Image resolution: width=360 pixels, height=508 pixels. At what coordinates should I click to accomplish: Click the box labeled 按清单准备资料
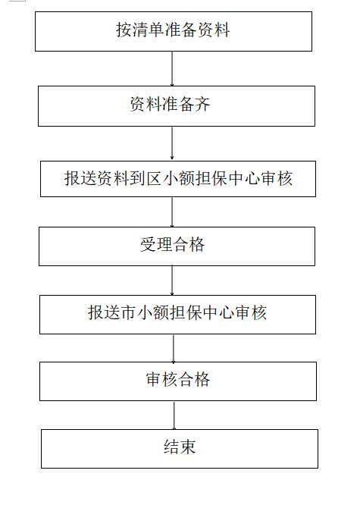(174, 31)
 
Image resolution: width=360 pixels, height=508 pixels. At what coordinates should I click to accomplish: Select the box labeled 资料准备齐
(177, 106)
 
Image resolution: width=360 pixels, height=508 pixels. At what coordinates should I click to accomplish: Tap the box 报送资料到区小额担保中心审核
(178, 179)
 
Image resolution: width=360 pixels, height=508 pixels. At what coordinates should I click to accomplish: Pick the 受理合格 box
(177, 246)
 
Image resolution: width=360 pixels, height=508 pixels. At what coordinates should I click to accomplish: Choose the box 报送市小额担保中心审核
(178, 315)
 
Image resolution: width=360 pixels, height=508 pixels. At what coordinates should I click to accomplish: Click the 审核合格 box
(178, 381)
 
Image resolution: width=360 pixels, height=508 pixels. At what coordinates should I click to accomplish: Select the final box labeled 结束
(180, 449)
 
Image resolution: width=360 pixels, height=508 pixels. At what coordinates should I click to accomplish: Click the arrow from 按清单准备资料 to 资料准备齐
(172, 69)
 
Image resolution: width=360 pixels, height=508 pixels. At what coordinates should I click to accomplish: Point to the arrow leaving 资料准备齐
(172, 143)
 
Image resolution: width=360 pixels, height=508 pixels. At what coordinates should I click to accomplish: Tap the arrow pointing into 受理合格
(172, 212)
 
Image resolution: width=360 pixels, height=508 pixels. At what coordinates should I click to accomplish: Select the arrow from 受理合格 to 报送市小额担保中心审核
(172, 281)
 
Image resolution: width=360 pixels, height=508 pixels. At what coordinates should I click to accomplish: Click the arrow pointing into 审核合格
(174, 348)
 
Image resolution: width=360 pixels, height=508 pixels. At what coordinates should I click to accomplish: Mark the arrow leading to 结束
(174, 415)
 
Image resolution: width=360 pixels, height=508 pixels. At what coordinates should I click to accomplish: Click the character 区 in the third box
(154, 178)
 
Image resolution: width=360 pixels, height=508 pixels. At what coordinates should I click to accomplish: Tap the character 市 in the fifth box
(129, 312)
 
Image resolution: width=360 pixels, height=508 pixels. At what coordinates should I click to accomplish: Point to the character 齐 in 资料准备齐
(202, 104)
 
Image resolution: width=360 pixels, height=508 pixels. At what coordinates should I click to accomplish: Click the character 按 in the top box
(124, 30)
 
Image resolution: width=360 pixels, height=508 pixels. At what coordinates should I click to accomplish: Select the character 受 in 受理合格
(148, 245)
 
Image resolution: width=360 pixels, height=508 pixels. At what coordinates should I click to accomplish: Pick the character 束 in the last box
(188, 447)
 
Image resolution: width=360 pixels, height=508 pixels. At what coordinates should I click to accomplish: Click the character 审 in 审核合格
(154, 379)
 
